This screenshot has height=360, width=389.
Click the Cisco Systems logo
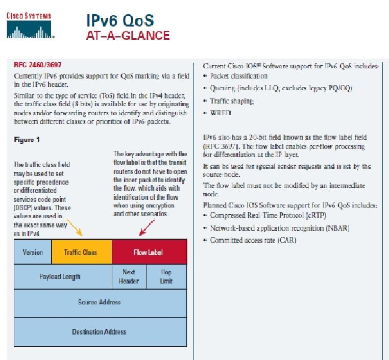(x=30, y=25)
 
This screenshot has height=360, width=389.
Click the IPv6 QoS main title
(x=120, y=20)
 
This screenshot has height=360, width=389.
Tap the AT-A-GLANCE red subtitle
(x=128, y=35)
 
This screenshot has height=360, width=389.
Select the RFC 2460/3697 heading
(x=38, y=65)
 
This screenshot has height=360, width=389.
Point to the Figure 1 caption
(x=27, y=140)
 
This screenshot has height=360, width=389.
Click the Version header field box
(x=33, y=252)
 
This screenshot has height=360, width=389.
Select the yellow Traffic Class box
(x=82, y=252)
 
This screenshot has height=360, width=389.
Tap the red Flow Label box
(x=150, y=252)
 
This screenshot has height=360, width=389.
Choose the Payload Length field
(x=63, y=276)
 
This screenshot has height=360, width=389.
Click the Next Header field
(x=129, y=276)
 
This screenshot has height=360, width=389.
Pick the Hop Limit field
(x=166, y=276)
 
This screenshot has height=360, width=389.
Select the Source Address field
(x=100, y=303)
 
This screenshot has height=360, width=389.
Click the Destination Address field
(x=100, y=332)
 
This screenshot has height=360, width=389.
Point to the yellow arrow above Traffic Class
(x=75, y=227)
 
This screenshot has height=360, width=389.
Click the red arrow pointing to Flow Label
(x=147, y=227)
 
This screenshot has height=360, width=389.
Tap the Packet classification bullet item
(x=235, y=76)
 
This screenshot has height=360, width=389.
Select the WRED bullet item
(x=217, y=113)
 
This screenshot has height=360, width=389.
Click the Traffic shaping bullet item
(x=229, y=101)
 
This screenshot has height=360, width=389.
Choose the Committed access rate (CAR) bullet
(x=250, y=240)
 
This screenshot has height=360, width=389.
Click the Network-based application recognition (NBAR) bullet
(x=276, y=228)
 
